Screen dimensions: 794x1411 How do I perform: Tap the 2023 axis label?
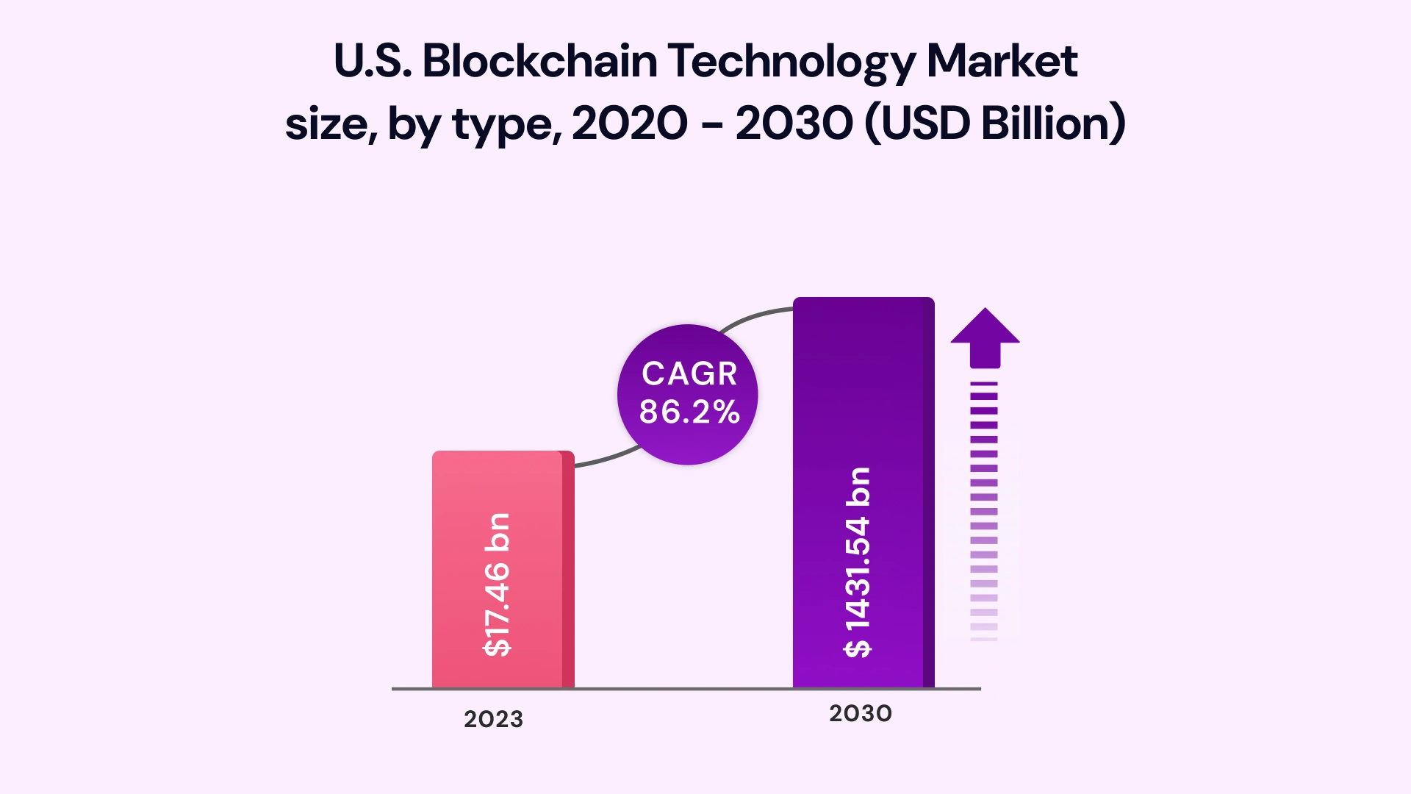pyautogui.click(x=493, y=719)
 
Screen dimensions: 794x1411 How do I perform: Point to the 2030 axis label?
pyautogui.click(x=860, y=713)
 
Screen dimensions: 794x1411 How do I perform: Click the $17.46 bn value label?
pyautogui.click(x=498, y=584)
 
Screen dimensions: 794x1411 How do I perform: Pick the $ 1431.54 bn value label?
pyautogui.click(x=858, y=562)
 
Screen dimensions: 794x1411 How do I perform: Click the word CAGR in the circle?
pyautogui.click(x=689, y=373)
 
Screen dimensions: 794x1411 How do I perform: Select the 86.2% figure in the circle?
pyautogui.click(x=689, y=412)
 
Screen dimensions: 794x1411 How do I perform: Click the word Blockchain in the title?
pyautogui.click(x=539, y=60)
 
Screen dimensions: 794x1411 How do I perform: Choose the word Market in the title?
pyautogui.click(x=1002, y=60)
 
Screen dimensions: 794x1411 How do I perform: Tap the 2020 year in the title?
pyautogui.click(x=630, y=123)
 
